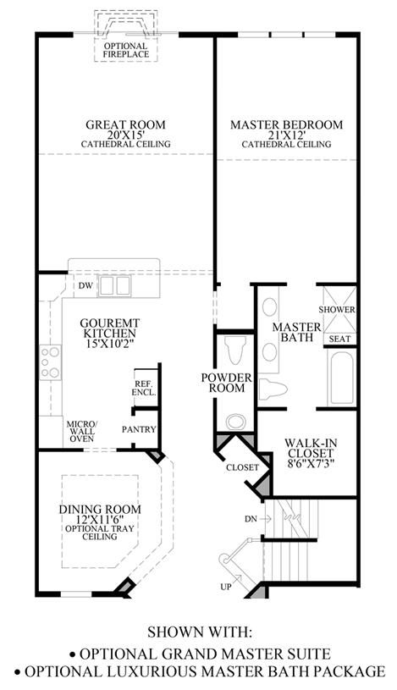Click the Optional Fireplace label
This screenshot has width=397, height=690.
pos(126,50)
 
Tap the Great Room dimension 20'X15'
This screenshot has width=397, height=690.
pos(126,135)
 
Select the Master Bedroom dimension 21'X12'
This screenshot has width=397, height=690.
pos(286,135)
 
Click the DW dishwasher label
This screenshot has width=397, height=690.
pos(85,286)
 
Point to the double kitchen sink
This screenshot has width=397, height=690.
pos(114,286)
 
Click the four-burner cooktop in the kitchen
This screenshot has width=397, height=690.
pos(50,362)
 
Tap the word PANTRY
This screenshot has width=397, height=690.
pos(139,429)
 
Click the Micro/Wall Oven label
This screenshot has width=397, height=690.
pos(81,431)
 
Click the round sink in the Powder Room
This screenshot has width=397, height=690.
pos(236,422)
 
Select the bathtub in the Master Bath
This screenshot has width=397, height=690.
pos(341,375)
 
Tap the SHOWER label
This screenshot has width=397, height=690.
pos(337,310)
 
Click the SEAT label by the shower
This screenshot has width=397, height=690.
pos(340,339)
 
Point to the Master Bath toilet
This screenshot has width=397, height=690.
pos(273,389)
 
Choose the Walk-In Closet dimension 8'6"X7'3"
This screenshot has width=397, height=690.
pos(308,463)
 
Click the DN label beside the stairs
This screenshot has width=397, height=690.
pos(251,519)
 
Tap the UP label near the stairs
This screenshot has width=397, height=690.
pos(225,587)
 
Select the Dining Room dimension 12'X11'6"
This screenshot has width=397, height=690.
pos(100,520)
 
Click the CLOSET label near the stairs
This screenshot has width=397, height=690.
pos(242,468)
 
